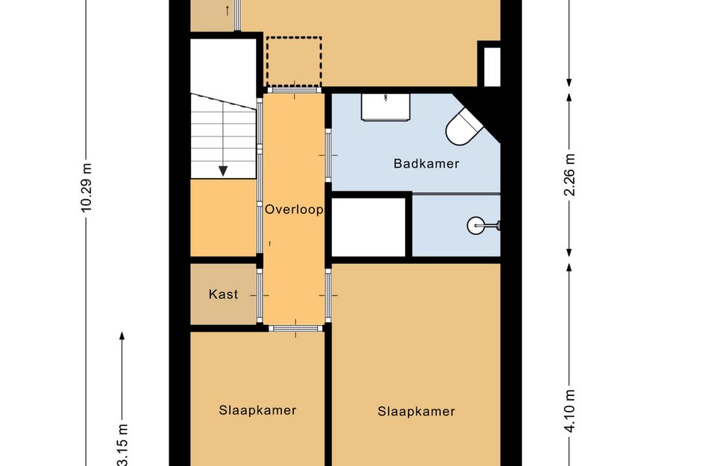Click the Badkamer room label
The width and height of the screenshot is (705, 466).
pos(426,163)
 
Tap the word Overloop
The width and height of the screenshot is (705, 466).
pos(294,210)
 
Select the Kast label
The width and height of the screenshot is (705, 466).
pos(224,295)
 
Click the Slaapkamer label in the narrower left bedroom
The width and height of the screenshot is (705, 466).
pos(257,410)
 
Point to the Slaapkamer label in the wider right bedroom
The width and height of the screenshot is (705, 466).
pos(416,411)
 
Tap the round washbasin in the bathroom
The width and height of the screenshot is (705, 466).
pos(476,225)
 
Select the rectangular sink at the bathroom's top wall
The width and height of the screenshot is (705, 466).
pos(386,107)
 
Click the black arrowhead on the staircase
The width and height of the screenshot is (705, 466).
pos(223,171)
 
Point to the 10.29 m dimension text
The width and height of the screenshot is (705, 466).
pos(86,187)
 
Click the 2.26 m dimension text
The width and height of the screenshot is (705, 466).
pos(569,174)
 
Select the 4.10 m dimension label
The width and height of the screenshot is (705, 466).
pos(569,411)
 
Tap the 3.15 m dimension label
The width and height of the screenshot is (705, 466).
pos(122,445)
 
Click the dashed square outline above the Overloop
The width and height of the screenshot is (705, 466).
pos(294,62)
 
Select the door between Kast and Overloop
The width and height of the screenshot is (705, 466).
pos(260,295)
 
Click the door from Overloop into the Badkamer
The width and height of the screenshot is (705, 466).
pos(328,155)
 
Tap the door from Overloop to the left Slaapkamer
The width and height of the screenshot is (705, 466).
pos(296,329)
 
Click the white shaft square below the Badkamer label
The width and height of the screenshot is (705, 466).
pos(369,227)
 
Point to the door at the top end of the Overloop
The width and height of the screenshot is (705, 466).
pos(295,90)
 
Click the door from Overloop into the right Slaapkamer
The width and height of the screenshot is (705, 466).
pos(328,295)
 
